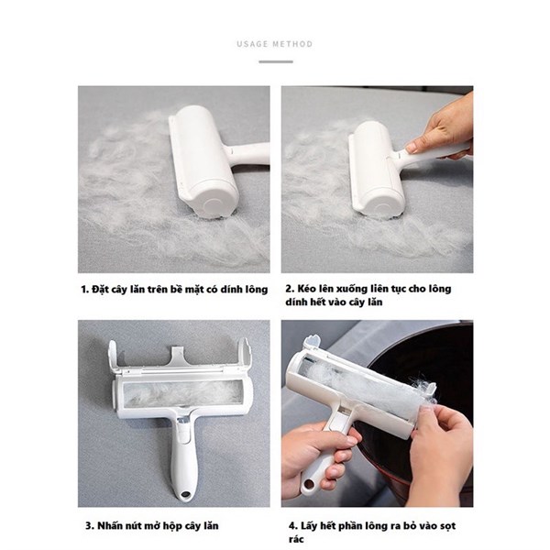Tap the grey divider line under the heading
pos(276,61)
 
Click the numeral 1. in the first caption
pos(84,290)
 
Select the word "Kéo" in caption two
pos(305,289)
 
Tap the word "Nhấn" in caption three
pos(109,526)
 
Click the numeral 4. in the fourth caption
pos(293,526)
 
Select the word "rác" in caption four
pos(296,539)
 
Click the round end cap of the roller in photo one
pos(213,204)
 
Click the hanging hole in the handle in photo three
pos(184,495)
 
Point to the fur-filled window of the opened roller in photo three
pos(182,393)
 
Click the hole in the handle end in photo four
pos(309,485)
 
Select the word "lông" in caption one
pos(255,290)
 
